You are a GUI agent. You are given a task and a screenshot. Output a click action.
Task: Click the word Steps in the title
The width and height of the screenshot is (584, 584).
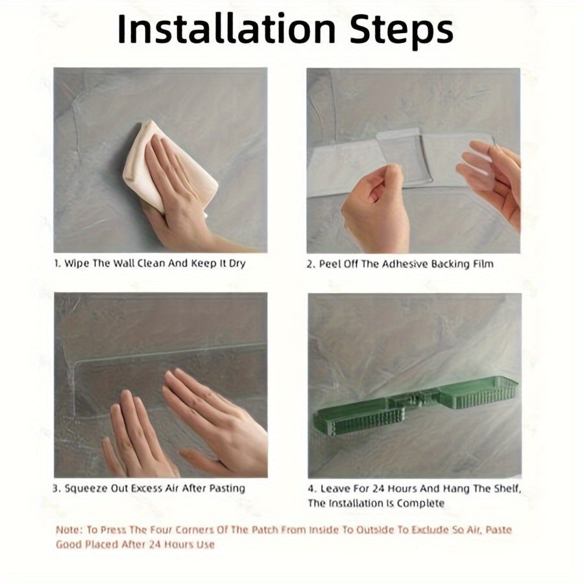[401, 30]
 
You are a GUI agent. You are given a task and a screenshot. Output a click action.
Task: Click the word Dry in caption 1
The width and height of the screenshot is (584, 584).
[237, 264]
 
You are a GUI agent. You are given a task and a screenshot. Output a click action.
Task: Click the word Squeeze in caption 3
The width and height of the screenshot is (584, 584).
[86, 489]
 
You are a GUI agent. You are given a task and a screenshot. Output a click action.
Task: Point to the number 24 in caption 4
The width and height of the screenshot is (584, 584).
[378, 488]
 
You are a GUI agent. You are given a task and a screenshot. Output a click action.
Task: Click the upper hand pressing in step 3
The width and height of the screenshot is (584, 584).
[216, 421]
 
